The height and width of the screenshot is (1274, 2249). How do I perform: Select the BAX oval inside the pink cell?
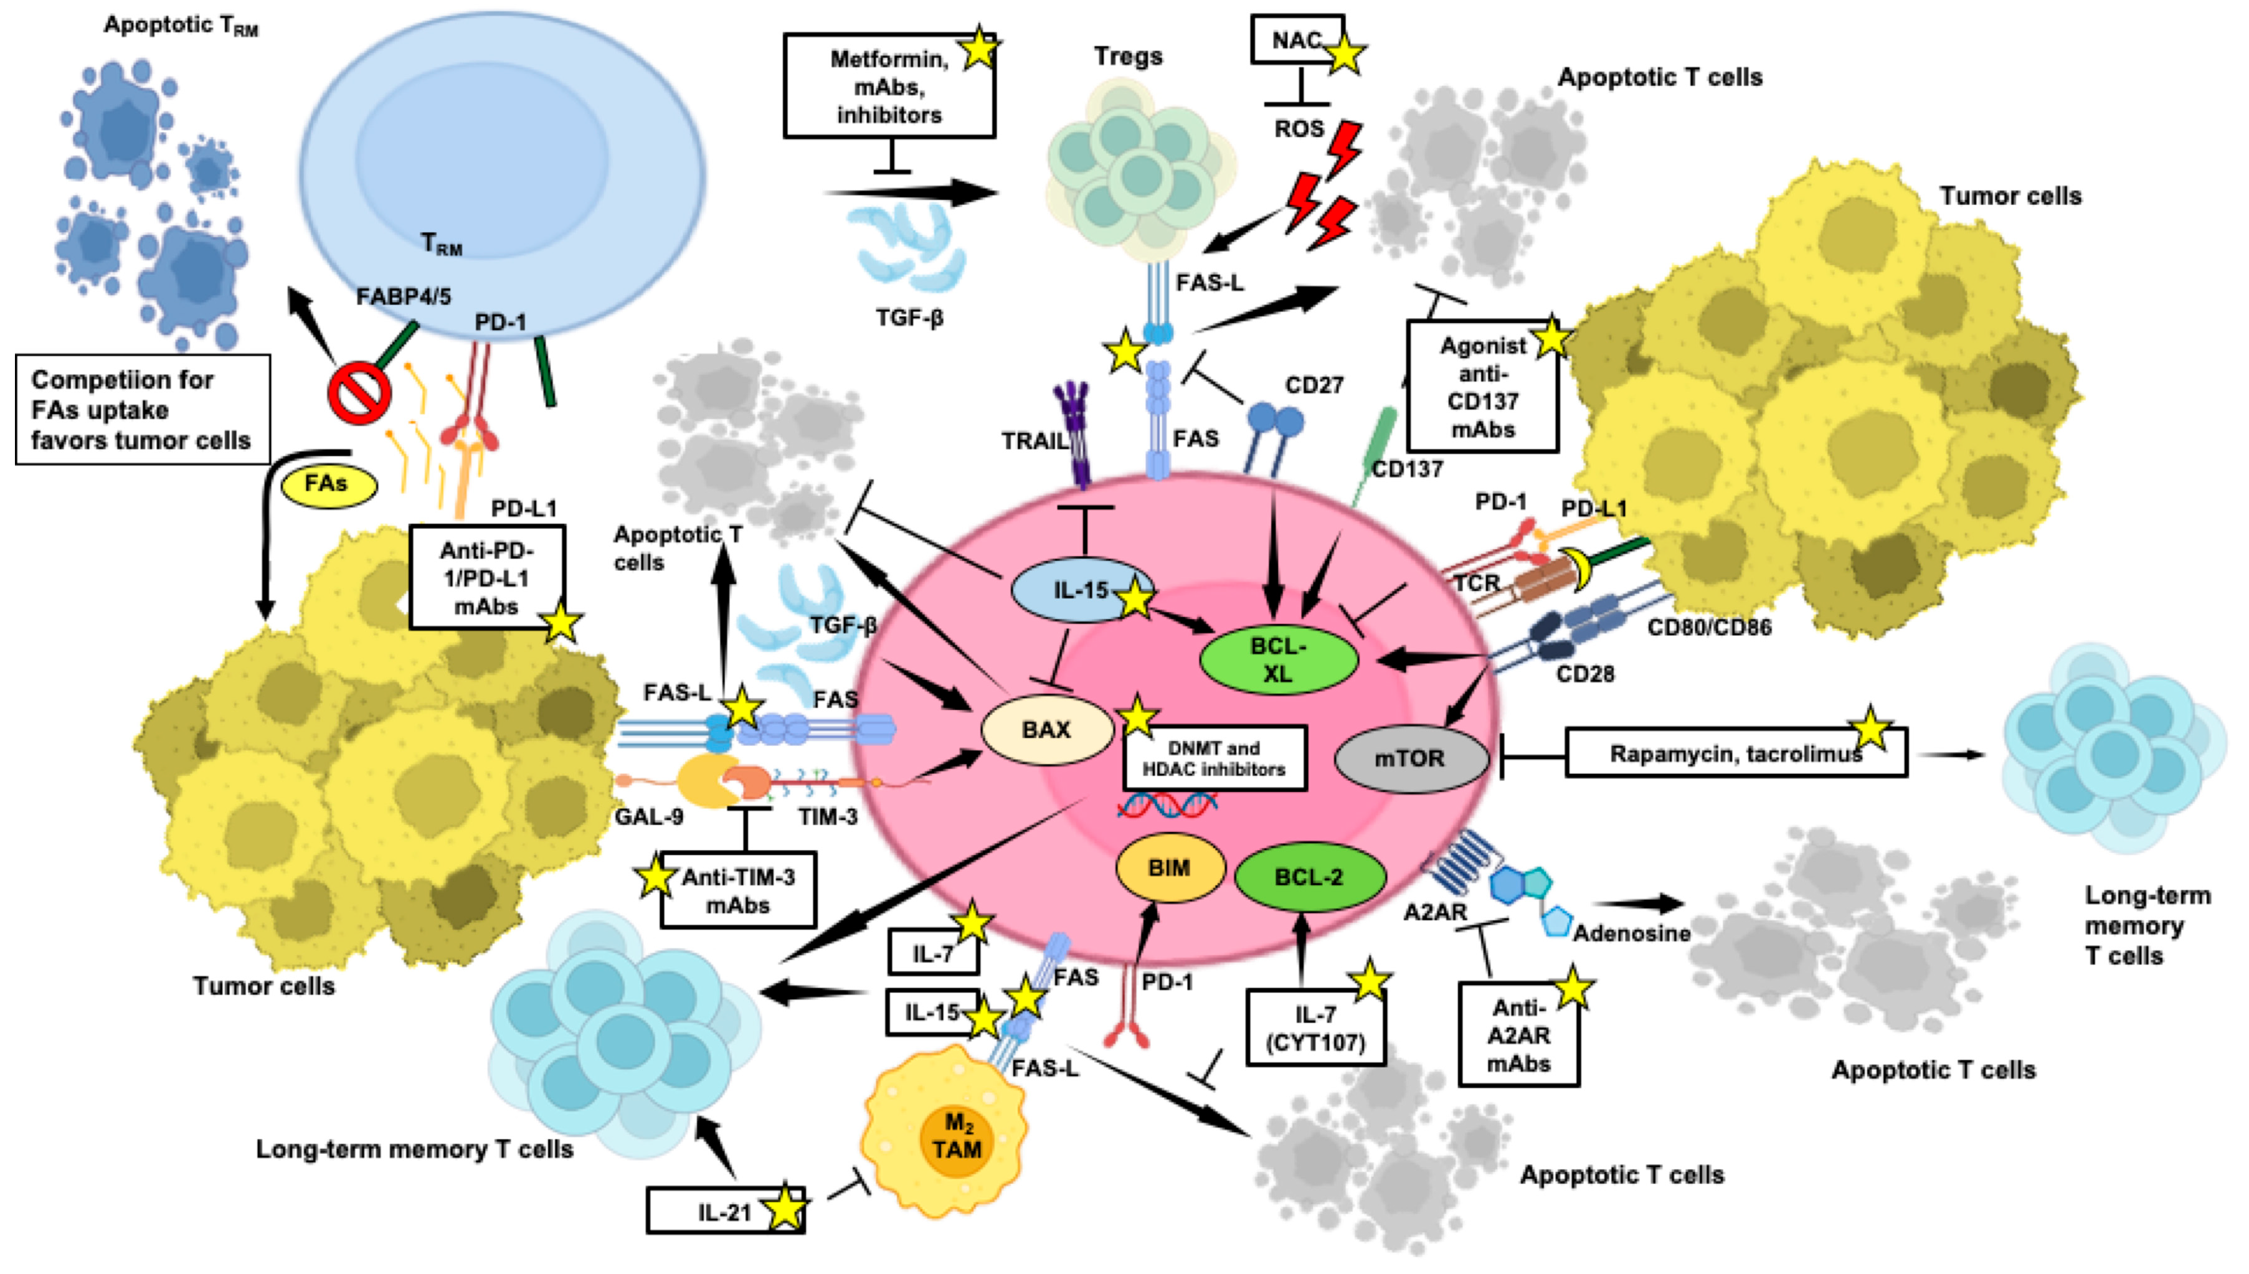tap(1046, 730)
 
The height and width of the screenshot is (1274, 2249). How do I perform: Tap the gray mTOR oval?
tap(1411, 758)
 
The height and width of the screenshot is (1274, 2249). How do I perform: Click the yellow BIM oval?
tap(1169, 868)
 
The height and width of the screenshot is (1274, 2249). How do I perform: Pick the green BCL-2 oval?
tap(1309, 877)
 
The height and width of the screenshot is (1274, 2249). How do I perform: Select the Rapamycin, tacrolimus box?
tap(1735, 753)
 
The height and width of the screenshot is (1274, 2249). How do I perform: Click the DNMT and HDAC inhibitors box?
tap(1214, 758)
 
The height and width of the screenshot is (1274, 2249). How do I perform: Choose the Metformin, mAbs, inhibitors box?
tap(888, 87)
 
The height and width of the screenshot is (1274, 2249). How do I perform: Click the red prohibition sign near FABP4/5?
tap(359, 394)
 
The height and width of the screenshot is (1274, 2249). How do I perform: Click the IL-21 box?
tap(724, 1212)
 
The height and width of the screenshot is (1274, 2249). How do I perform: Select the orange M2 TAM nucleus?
tap(957, 1136)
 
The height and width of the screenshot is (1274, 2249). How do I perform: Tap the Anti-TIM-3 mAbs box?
tap(737, 892)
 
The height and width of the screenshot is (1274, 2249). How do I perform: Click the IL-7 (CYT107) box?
tap(1315, 1027)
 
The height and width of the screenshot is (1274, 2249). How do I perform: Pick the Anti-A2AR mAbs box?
tap(1518, 1035)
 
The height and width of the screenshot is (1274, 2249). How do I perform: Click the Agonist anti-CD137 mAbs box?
tap(1482, 387)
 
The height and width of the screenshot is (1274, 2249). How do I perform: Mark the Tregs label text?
tap(1128, 57)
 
